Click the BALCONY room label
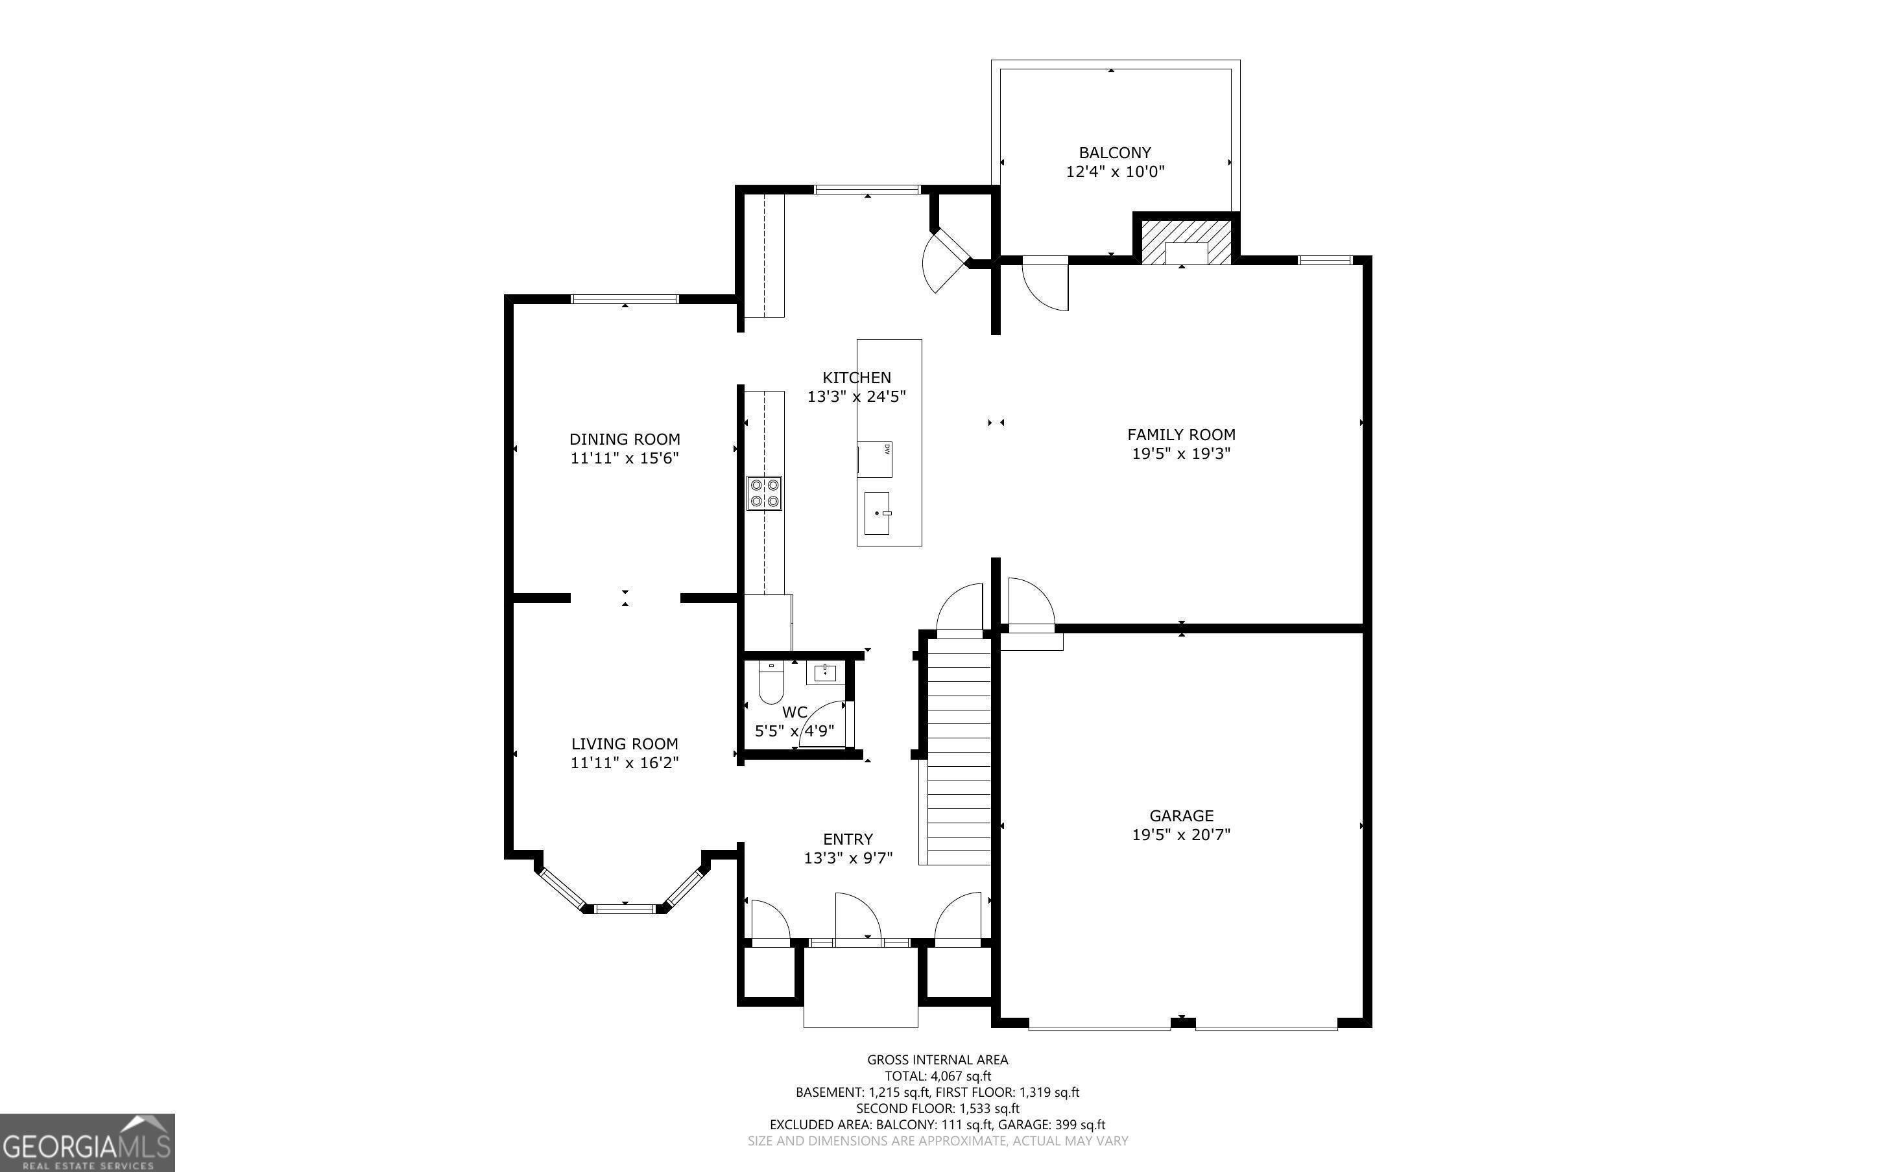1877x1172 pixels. (x=1114, y=153)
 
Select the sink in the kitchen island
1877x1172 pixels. (x=877, y=513)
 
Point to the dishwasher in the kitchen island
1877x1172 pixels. (x=874, y=459)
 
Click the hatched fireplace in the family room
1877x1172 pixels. (x=1186, y=242)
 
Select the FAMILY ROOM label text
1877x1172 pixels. (x=1181, y=435)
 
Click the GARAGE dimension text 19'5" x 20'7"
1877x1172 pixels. (x=1181, y=834)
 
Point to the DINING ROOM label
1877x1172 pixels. (x=625, y=439)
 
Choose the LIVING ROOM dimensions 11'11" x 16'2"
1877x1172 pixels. (x=625, y=763)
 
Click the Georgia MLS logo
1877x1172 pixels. (x=87, y=1143)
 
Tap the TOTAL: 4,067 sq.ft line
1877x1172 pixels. (x=938, y=1076)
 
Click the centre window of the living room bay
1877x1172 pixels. (x=625, y=908)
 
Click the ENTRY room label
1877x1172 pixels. (x=848, y=839)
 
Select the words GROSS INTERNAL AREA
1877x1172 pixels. (x=937, y=1060)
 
